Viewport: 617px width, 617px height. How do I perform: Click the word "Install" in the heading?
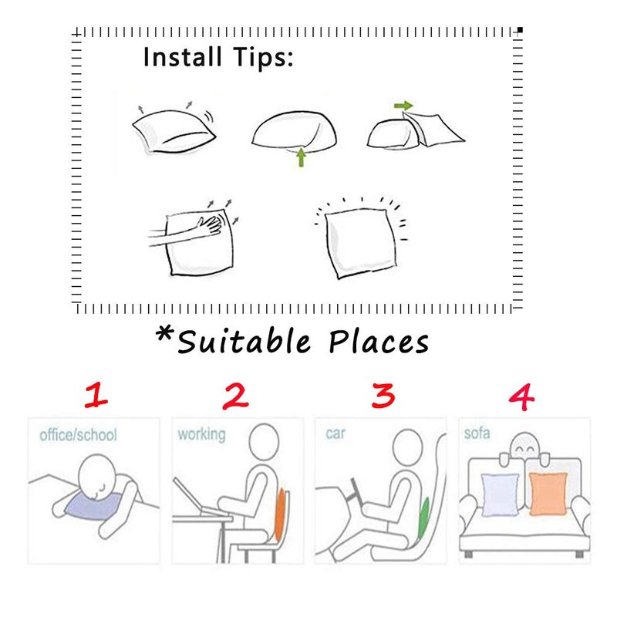[x=182, y=56]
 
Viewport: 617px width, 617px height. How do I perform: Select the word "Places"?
[x=379, y=342]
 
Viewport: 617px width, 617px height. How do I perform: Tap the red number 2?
[x=235, y=396]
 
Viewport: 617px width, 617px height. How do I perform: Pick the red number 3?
[x=383, y=396]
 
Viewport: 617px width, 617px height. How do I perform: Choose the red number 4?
[x=522, y=397]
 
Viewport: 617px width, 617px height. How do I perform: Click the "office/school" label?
[x=79, y=435]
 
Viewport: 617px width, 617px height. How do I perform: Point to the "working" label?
[x=201, y=434]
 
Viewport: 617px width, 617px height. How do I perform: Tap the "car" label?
[x=335, y=433]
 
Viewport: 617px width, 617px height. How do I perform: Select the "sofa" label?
[x=477, y=433]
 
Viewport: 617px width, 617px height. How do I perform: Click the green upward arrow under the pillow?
[x=301, y=157]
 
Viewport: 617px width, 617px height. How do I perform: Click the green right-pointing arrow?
[x=403, y=106]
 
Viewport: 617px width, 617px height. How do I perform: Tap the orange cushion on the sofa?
[x=548, y=494]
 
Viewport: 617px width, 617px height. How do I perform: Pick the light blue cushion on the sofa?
[x=500, y=494]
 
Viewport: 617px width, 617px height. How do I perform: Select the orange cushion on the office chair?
[x=279, y=514]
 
